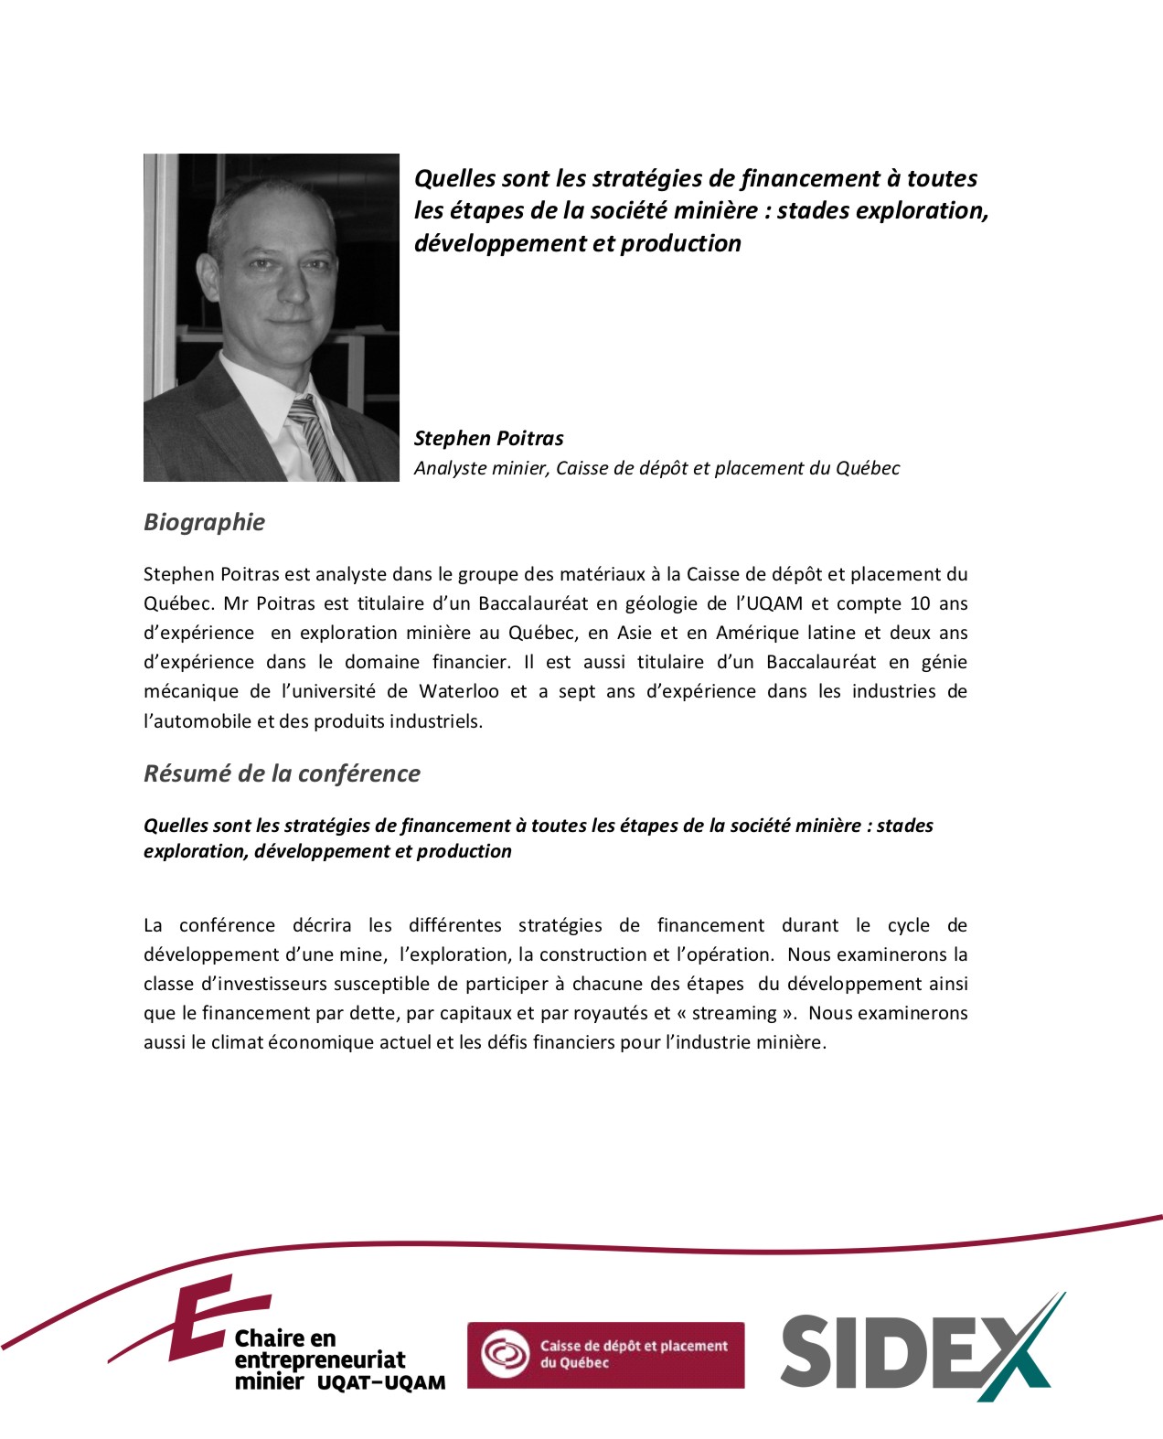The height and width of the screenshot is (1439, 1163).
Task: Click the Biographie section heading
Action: pyautogui.click(x=204, y=522)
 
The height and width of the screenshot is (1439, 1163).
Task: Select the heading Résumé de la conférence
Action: pyautogui.click(x=282, y=773)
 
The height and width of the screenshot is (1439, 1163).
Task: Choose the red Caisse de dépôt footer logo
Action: pyautogui.click(x=605, y=1354)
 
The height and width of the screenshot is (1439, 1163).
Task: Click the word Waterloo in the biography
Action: pyautogui.click(x=458, y=691)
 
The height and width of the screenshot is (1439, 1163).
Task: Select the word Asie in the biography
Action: pyautogui.click(x=635, y=633)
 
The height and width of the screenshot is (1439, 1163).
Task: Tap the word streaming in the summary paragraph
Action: pyautogui.click(x=734, y=1013)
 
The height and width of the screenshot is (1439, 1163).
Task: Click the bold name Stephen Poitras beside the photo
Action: pyautogui.click(x=488, y=438)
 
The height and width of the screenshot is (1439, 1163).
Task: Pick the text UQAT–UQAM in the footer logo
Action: pyautogui.click(x=381, y=1382)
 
